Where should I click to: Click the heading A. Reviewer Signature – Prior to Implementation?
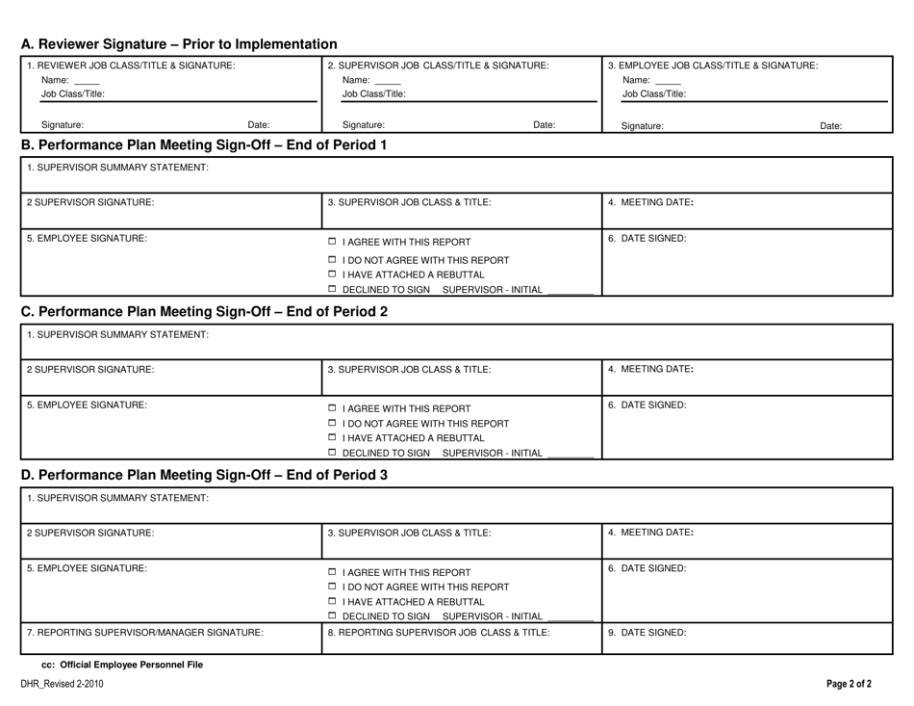179,44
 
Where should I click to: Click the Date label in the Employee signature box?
830,125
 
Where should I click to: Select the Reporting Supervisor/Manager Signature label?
145,633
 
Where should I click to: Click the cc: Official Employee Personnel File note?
122,665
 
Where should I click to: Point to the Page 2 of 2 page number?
850,685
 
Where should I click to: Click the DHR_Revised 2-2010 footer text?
63,685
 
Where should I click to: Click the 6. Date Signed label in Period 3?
647,568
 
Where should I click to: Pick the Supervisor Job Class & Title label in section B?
409,202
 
